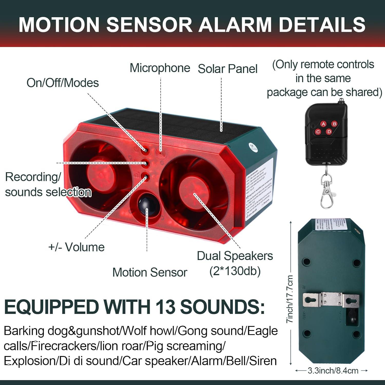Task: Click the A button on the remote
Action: (323, 124)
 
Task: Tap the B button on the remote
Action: (334, 124)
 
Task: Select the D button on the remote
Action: (329, 132)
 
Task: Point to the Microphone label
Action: (160, 68)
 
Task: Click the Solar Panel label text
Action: (227, 69)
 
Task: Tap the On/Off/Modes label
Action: (63, 83)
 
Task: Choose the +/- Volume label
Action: (76, 247)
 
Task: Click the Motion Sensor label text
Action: (150, 272)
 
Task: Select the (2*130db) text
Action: (235, 271)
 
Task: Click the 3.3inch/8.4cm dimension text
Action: (333, 371)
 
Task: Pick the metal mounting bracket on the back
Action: (331, 299)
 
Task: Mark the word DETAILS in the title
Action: (322, 25)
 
